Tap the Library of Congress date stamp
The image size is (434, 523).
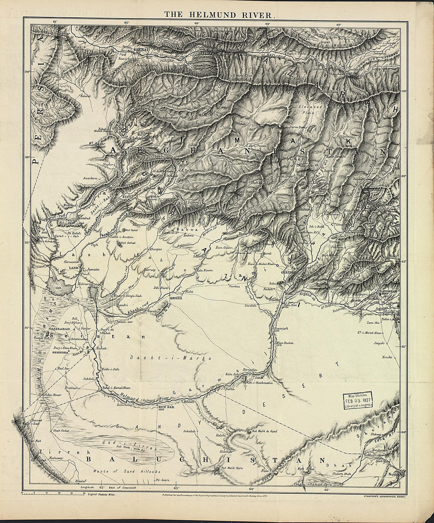pos(357,403)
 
